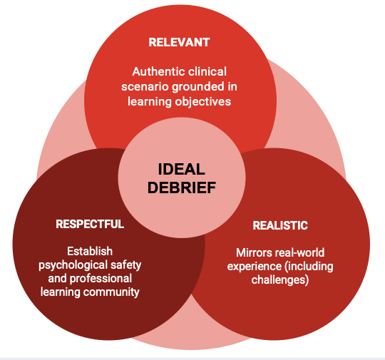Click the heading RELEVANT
click(179, 42)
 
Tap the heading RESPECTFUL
click(90, 224)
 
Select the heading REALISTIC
click(280, 225)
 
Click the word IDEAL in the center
click(182, 170)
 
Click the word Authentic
click(156, 71)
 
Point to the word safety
click(126, 264)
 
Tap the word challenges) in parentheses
click(280, 280)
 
